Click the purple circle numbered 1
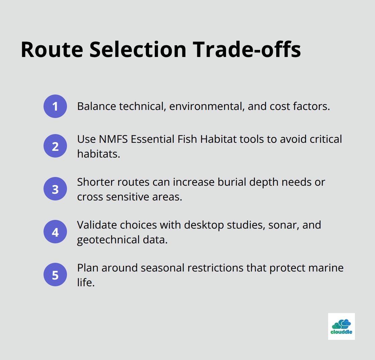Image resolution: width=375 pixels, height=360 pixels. tap(55, 106)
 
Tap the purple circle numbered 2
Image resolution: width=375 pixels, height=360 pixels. tap(55, 146)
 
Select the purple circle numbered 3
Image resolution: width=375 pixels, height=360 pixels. tap(55, 189)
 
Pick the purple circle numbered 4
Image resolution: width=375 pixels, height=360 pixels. tap(55, 232)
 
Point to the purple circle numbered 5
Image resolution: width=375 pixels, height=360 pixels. tap(55, 275)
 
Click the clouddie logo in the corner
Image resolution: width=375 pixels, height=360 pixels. tap(341, 326)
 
